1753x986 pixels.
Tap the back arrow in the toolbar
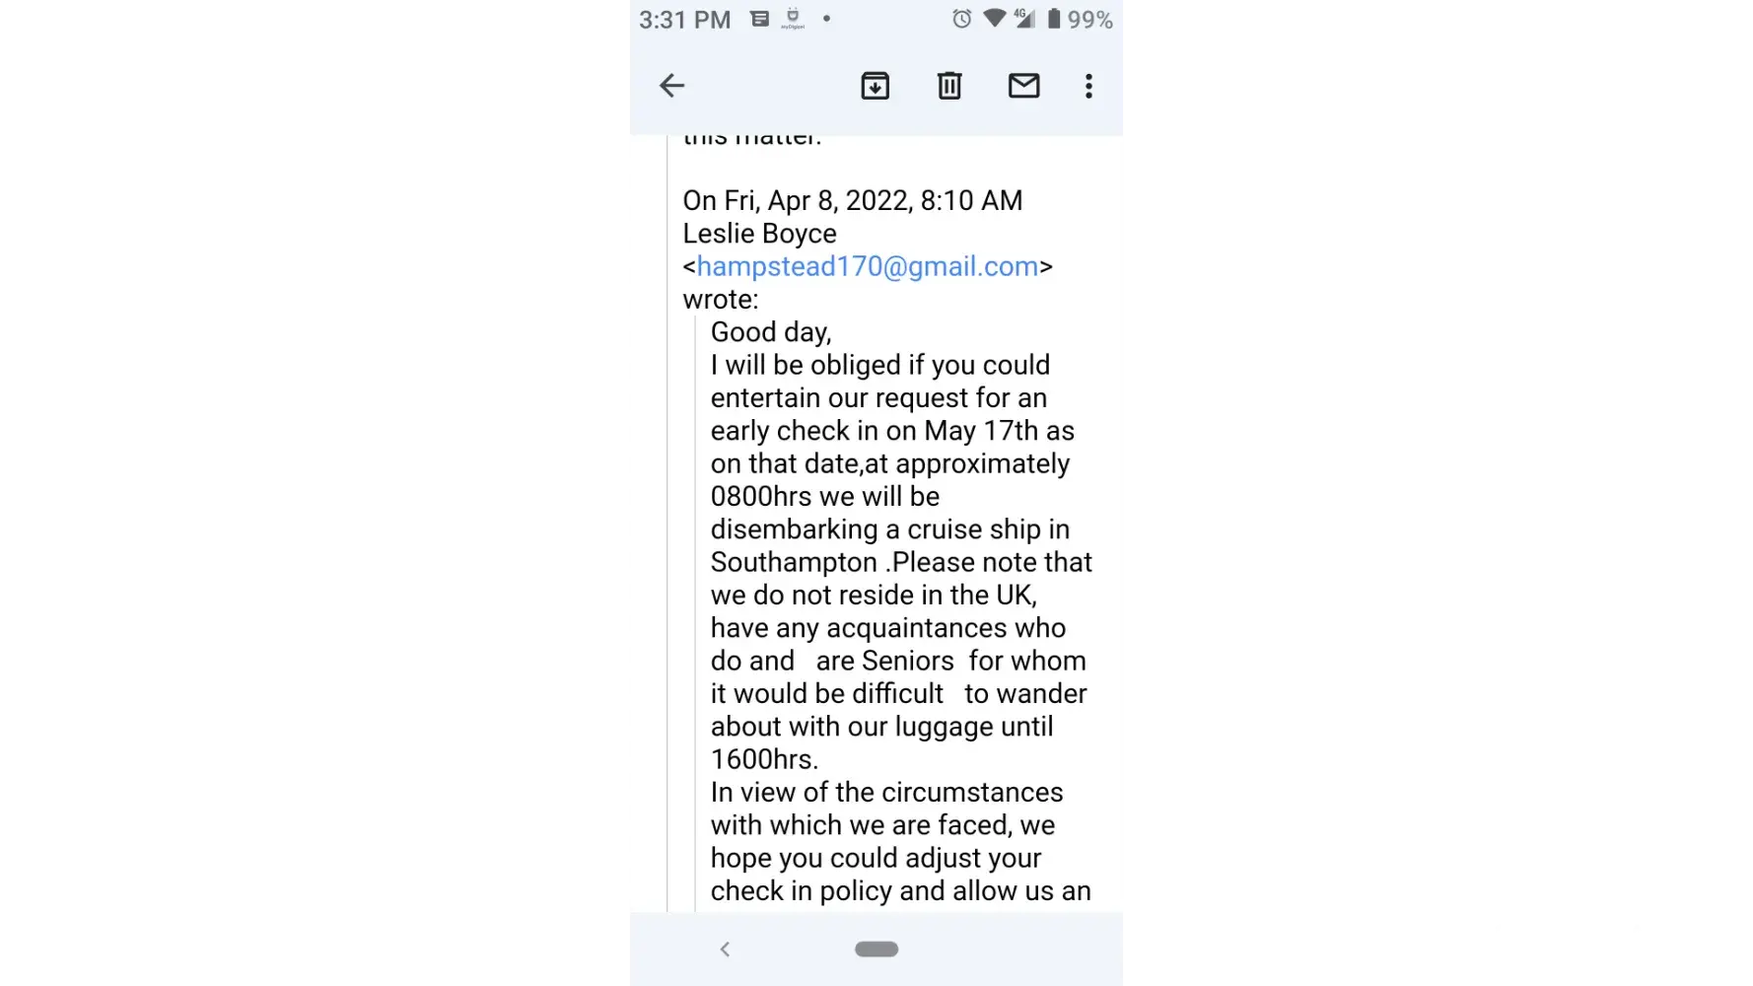[x=671, y=86]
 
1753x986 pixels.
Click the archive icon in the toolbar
[x=875, y=86]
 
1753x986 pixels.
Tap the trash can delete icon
[x=949, y=86]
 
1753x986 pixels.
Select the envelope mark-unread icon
[x=1023, y=86]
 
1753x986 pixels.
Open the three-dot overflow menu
[x=1088, y=86]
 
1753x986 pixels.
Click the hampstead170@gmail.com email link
[x=868, y=266]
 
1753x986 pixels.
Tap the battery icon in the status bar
[x=1054, y=19]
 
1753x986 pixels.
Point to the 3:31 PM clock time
[x=684, y=20]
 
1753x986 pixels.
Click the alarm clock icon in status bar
[x=961, y=19]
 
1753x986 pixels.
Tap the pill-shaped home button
[x=876, y=949]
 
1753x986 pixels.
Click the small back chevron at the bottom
[x=725, y=949]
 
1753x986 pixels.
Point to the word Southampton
[x=794, y=562]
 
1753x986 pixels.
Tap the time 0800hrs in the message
[x=761, y=497]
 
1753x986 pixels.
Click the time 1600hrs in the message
[x=764, y=759]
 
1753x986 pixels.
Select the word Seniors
[x=907, y=661]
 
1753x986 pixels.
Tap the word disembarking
[x=794, y=529]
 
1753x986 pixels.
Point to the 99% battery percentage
[x=1090, y=20]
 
